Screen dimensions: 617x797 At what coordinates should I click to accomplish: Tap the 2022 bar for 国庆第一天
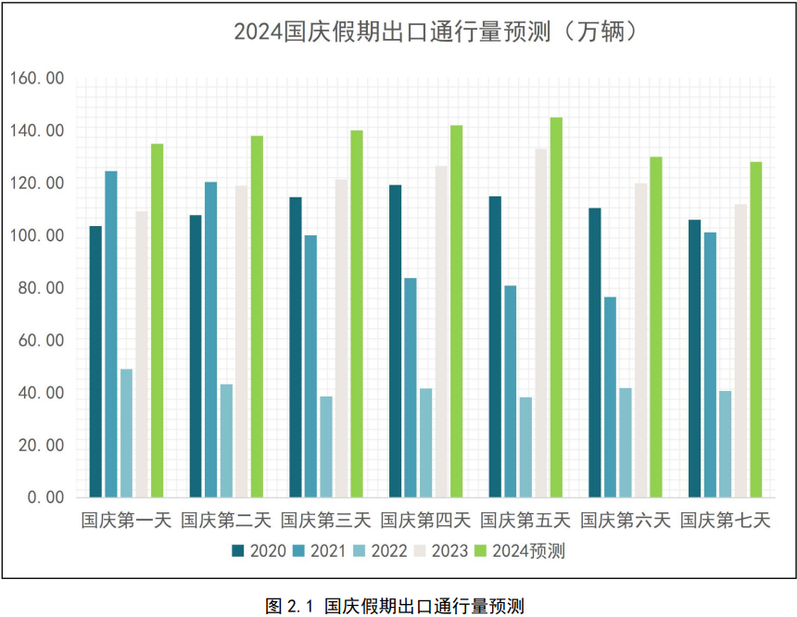(126, 433)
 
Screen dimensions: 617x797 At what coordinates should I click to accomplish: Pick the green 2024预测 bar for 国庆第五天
(556, 307)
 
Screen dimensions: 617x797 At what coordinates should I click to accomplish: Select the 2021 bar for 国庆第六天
(610, 397)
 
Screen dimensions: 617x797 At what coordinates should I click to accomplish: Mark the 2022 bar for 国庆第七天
(725, 444)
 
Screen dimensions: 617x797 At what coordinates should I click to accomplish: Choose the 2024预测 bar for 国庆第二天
(257, 316)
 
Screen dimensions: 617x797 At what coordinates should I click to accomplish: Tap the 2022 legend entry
(380, 551)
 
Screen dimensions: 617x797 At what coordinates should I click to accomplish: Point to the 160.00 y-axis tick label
(37, 79)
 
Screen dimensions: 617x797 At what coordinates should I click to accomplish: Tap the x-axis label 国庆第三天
(325, 521)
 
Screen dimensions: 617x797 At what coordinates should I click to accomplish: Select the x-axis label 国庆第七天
(726, 521)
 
